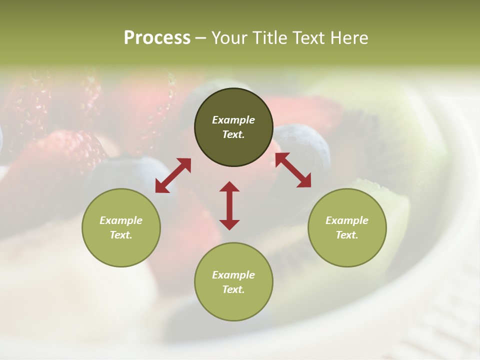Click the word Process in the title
157,38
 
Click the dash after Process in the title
201,39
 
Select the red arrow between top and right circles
293,170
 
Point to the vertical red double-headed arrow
229,205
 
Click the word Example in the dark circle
233,120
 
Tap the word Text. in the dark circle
233,134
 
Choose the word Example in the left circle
121,220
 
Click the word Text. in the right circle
347,235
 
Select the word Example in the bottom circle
233,275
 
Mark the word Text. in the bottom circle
233,289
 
